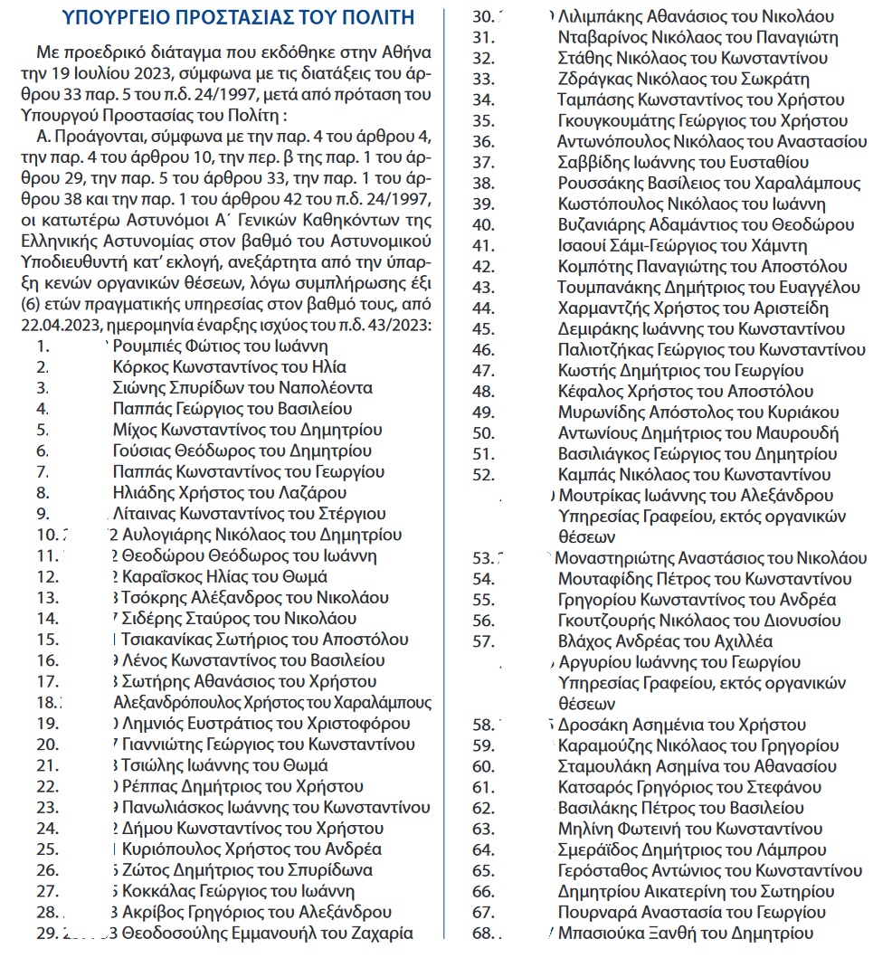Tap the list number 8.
[x=43, y=493]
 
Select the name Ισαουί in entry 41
[x=581, y=246]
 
